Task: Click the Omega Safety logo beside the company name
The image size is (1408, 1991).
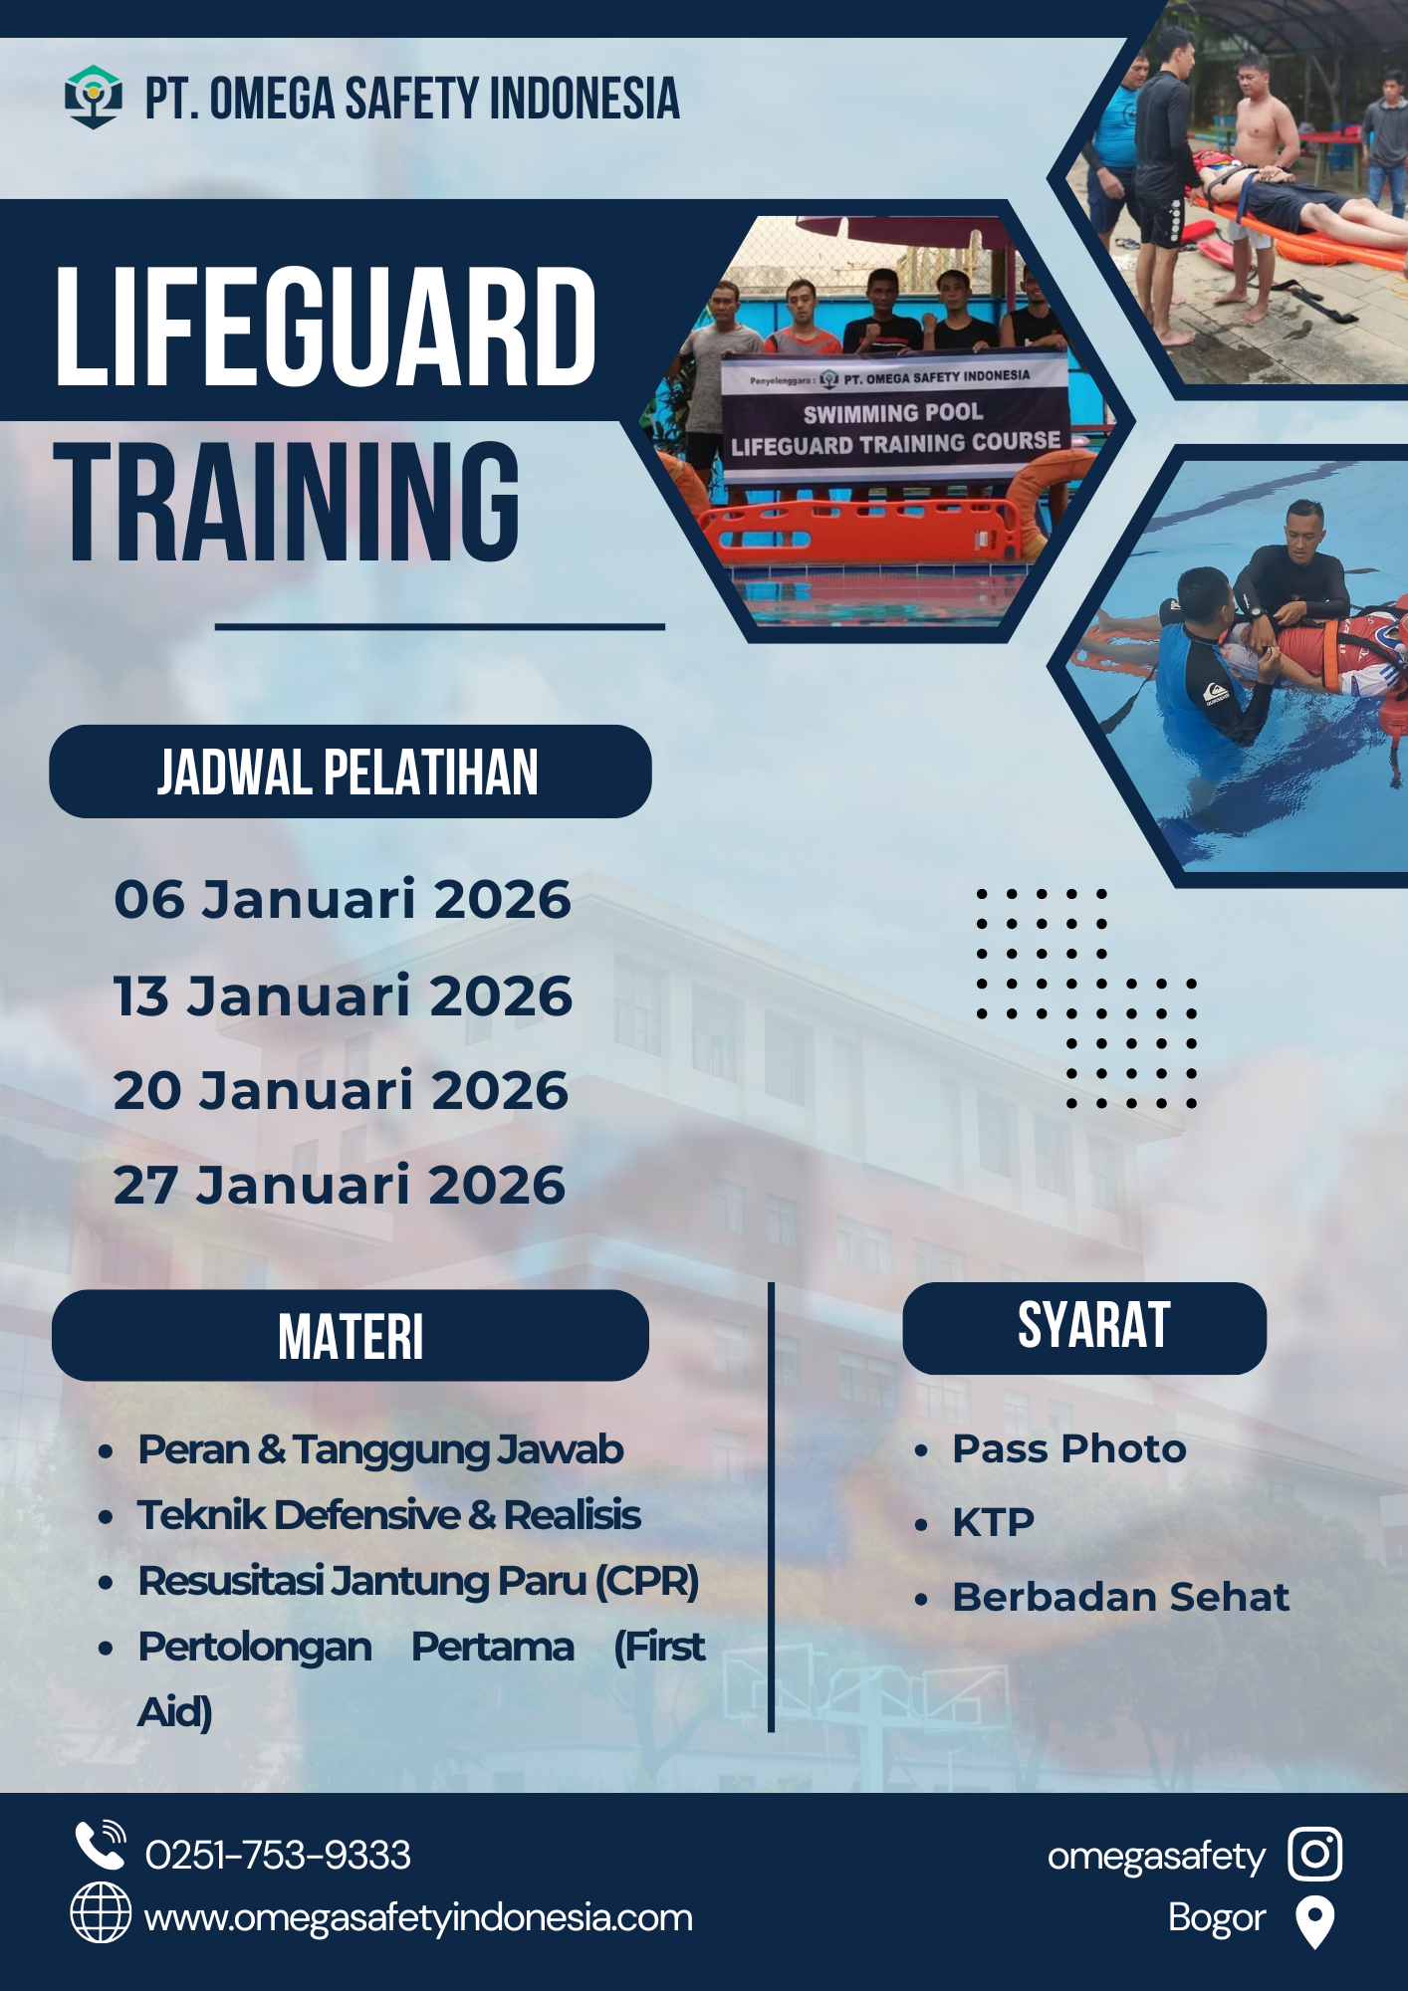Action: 94,97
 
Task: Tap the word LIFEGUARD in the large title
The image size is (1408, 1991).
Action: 326,327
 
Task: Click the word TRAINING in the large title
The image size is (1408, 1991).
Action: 287,502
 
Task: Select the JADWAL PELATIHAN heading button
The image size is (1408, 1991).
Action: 351,772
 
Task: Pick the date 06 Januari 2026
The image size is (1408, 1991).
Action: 343,900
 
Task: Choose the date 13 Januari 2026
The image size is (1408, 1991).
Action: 343,995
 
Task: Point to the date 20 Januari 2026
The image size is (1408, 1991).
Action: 341,1090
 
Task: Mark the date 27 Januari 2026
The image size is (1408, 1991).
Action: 340,1185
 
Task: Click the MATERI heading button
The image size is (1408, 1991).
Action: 351,1336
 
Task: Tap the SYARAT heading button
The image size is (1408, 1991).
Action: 1084,1328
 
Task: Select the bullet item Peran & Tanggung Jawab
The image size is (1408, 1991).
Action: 380,1450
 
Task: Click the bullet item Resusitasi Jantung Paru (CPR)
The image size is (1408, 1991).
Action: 418,1582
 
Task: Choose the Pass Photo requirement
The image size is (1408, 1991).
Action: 1069,1449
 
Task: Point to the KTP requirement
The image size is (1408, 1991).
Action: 993,1522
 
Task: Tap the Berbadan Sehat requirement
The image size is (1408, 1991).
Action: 1121,1597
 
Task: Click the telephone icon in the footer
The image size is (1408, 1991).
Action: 101,1845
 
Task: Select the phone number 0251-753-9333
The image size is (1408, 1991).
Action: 278,1855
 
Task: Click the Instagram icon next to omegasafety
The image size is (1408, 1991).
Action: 1314,1854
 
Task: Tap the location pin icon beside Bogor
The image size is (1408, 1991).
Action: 1314,1921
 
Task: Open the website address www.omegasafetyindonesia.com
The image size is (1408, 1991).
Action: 418,1918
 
